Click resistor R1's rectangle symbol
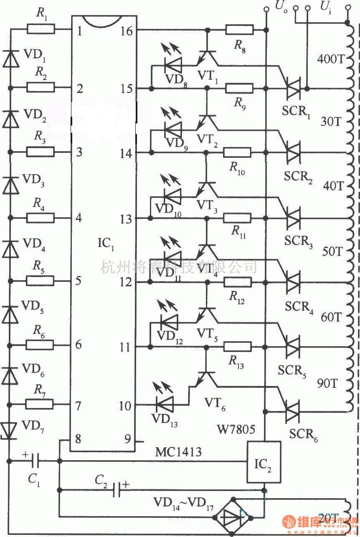41,29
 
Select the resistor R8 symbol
239,30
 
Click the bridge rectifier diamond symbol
233,516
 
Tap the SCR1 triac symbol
294,89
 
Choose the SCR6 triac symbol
294,410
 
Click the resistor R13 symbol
238,346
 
